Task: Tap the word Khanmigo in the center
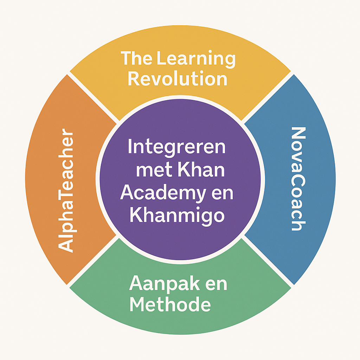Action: coord(177,215)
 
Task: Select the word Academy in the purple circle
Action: coord(161,193)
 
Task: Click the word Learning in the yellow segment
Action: coord(197,59)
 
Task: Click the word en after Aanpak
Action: coord(215,284)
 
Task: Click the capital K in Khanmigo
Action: coord(136,215)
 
